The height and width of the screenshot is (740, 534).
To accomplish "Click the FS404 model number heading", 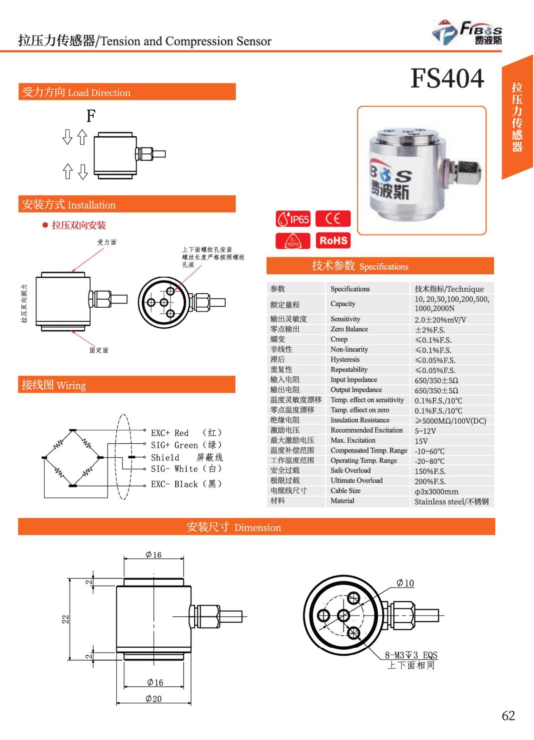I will point(447,78).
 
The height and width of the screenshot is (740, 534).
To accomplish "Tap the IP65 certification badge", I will point(293,219).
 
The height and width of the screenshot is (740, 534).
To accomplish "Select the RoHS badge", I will point(333,240).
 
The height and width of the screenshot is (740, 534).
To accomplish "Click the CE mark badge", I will point(333,219).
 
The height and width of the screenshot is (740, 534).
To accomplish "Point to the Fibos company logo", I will point(467,33).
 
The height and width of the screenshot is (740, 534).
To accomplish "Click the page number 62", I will point(508,716).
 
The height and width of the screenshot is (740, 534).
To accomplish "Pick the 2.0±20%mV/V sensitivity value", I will point(440,320).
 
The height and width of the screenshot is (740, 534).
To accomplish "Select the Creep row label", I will point(339,339).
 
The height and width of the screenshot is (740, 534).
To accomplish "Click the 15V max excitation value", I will point(421,441).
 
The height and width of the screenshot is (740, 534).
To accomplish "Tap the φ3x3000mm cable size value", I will point(436,491).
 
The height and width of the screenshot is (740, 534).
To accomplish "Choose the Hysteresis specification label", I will point(345,360).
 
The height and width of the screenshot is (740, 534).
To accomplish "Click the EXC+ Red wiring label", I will point(170,433).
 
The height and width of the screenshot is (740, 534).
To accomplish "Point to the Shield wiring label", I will point(165,457).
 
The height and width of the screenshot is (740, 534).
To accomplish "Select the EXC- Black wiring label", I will point(174,484).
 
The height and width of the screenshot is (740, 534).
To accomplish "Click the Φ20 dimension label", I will point(153,699).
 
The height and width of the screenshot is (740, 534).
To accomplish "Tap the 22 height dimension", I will point(65,619).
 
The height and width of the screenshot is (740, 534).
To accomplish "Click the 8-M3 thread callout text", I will point(411,655).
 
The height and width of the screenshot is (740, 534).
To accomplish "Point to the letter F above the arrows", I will point(91,116).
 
